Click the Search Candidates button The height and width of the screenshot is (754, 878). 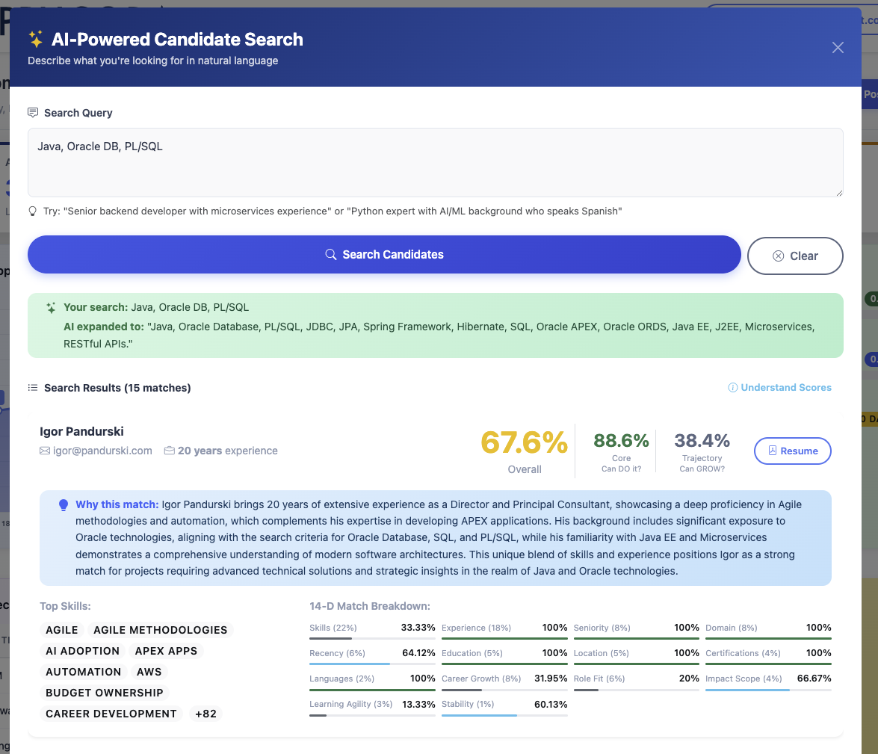(x=384, y=255)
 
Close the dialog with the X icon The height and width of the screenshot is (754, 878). (x=838, y=48)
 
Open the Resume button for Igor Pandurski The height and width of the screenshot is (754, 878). (x=792, y=451)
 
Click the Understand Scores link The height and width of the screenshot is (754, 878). (x=779, y=387)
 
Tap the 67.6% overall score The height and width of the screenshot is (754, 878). (x=524, y=442)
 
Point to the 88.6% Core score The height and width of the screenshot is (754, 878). (x=621, y=440)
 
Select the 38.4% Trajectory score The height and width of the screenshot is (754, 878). (x=702, y=440)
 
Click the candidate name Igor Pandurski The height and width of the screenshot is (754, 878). (x=81, y=431)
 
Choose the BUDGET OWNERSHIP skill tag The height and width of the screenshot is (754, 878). (x=105, y=693)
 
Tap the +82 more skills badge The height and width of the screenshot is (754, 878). (x=205, y=714)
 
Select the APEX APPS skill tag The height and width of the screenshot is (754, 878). (x=166, y=651)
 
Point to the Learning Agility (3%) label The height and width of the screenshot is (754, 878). (x=350, y=704)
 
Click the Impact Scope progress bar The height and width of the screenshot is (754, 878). (x=768, y=690)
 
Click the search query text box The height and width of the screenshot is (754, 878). (x=435, y=162)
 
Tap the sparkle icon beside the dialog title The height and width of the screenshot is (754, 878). (x=35, y=39)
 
